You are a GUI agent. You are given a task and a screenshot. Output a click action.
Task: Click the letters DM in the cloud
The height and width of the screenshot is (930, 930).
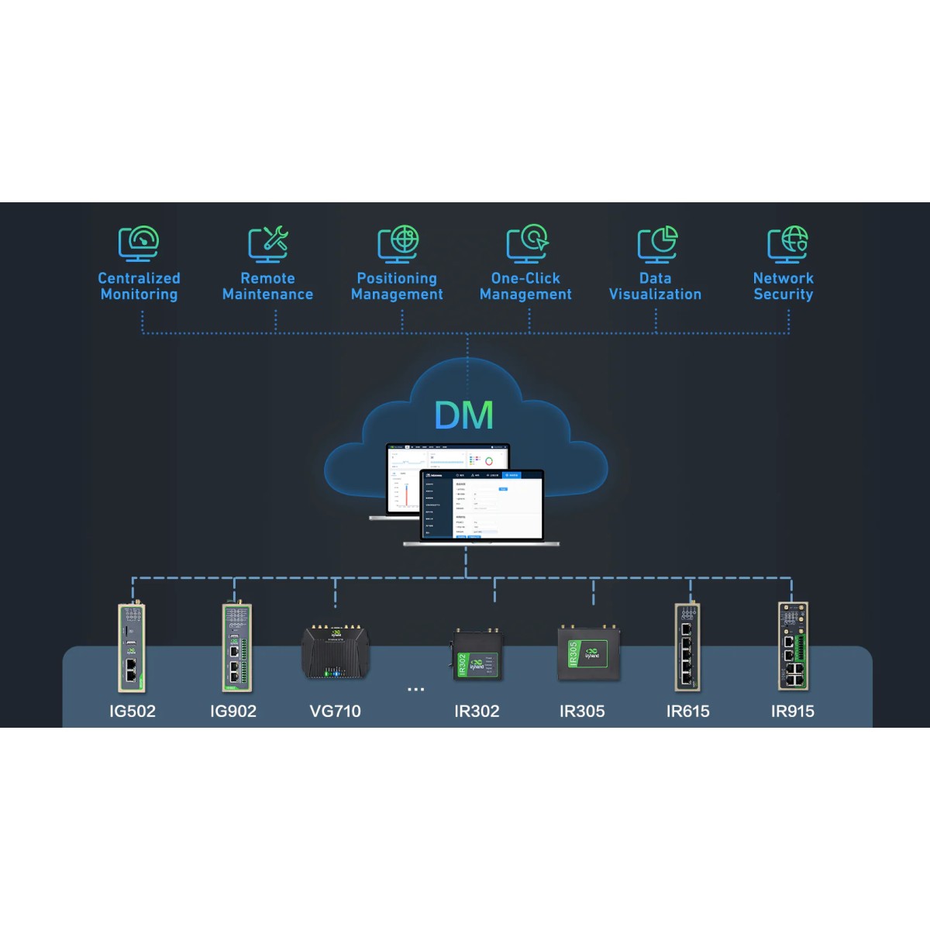click(x=463, y=415)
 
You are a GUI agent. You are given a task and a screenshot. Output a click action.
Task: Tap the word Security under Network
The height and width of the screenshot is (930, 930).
click(x=784, y=294)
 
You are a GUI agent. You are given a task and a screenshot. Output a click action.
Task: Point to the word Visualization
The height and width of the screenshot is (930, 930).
click(x=656, y=294)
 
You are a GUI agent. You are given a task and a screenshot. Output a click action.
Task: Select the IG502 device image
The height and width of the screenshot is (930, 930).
click(x=131, y=648)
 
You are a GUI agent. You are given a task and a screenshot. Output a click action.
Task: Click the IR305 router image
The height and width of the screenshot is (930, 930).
click(x=583, y=653)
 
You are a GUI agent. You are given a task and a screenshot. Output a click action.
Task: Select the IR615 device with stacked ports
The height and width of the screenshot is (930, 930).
click(x=687, y=648)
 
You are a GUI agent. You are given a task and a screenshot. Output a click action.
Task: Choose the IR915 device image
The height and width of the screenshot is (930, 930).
click(x=793, y=648)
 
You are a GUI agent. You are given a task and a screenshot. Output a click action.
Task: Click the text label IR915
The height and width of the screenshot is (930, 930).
click(x=793, y=711)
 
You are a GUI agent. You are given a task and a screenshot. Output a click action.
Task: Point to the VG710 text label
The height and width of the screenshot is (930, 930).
click(x=335, y=711)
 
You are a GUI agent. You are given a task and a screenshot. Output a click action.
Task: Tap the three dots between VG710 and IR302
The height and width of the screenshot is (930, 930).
click(x=415, y=689)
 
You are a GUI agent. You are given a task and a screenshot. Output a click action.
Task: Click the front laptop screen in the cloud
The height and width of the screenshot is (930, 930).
click(x=481, y=505)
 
